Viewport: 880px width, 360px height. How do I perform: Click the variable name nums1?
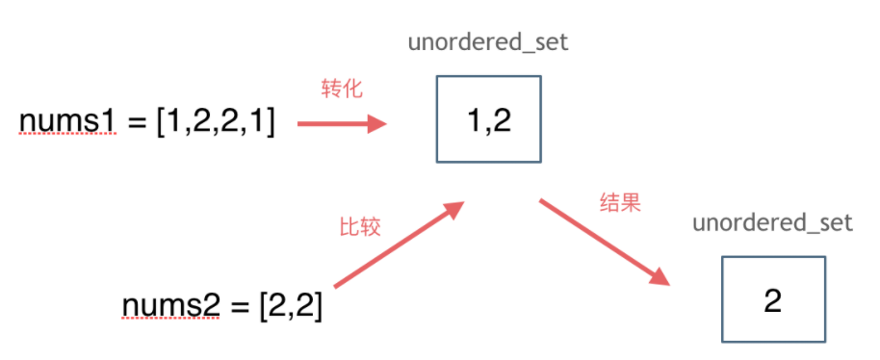(x=68, y=122)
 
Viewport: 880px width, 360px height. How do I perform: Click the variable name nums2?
(x=170, y=306)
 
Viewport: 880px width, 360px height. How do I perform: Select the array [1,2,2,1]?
(x=216, y=123)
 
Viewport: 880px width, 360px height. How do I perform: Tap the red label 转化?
(x=342, y=90)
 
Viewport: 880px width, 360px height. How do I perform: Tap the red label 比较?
(x=360, y=226)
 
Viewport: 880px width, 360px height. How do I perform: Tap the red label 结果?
(x=620, y=203)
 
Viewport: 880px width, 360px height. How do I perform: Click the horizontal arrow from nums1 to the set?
(x=342, y=123)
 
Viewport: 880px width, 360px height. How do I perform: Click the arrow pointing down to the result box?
(x=605, y=243)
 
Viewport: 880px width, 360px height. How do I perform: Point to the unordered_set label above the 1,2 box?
(x=488, y=42)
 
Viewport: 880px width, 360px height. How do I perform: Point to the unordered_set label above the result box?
(x=773, y=223)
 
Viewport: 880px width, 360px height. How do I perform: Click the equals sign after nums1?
(x=137, y=123)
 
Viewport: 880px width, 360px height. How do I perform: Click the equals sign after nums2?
(x=240, y=307)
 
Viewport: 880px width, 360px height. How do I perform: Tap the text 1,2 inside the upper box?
(x=489, y=120)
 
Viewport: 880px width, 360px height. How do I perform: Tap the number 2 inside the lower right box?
(x=773, y=301)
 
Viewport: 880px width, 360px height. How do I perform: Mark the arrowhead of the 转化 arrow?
(x=377, y=123)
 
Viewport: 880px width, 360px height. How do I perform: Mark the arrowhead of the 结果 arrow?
(x=660, y=277)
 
